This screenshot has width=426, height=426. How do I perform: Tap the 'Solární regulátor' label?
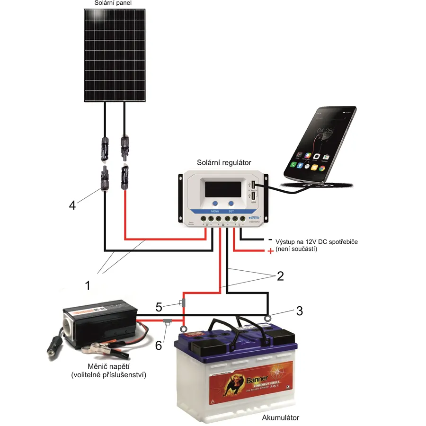pyautogui.click(x=222, y=163)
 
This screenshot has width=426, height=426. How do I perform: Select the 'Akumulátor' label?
pyautogui.click(x=281, y=418)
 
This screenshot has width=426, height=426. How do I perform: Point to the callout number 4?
pyautogui.click(x=72, y=205)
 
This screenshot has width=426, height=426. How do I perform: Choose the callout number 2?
pyautogui.click(x=280, y=275)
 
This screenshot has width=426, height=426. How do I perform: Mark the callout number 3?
pyautogui.click(x=299, y=311)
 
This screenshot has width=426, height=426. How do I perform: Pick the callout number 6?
pyautogui.click(x=159, y=346)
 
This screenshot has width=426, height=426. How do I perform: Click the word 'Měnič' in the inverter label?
pyautogui.click(x=94, y=367)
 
